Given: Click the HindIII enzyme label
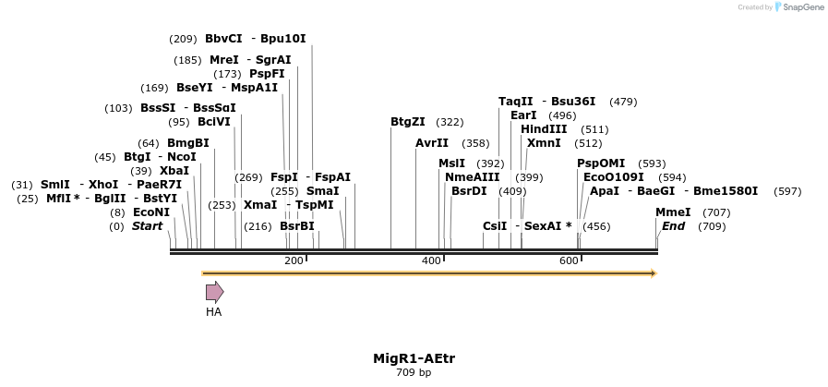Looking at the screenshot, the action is (x=544, y=129).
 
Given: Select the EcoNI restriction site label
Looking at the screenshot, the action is (x=151, y=212).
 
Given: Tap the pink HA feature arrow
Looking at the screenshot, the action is (x=214, y=293).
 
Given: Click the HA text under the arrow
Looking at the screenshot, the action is (x=214, y=312).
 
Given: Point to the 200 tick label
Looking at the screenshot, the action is (x=294, y=261).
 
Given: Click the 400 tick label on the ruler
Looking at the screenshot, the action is (x=431, y=261).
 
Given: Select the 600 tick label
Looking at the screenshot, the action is (x=569, y=261).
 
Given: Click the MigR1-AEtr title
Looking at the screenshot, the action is (x=414, y=358).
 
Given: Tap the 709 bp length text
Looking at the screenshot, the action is (x=414, y=373).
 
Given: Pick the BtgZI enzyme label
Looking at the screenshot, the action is (x=408, y=122).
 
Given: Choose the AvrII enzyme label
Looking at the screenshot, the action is (x=432, y=143).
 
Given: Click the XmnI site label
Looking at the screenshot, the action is (x=544, y=143).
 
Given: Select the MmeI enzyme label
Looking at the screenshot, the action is (x=673, y=212).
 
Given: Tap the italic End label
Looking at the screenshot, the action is (x=673, y=226).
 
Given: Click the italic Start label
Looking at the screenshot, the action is (x=147, y=226).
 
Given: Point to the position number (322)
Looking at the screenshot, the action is (x=450, y=122).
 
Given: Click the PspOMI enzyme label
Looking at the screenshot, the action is (x=601, y=163).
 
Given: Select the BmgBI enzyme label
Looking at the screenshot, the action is (x=188, y=143).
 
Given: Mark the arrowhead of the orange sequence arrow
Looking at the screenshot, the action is (x=652, y=273).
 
